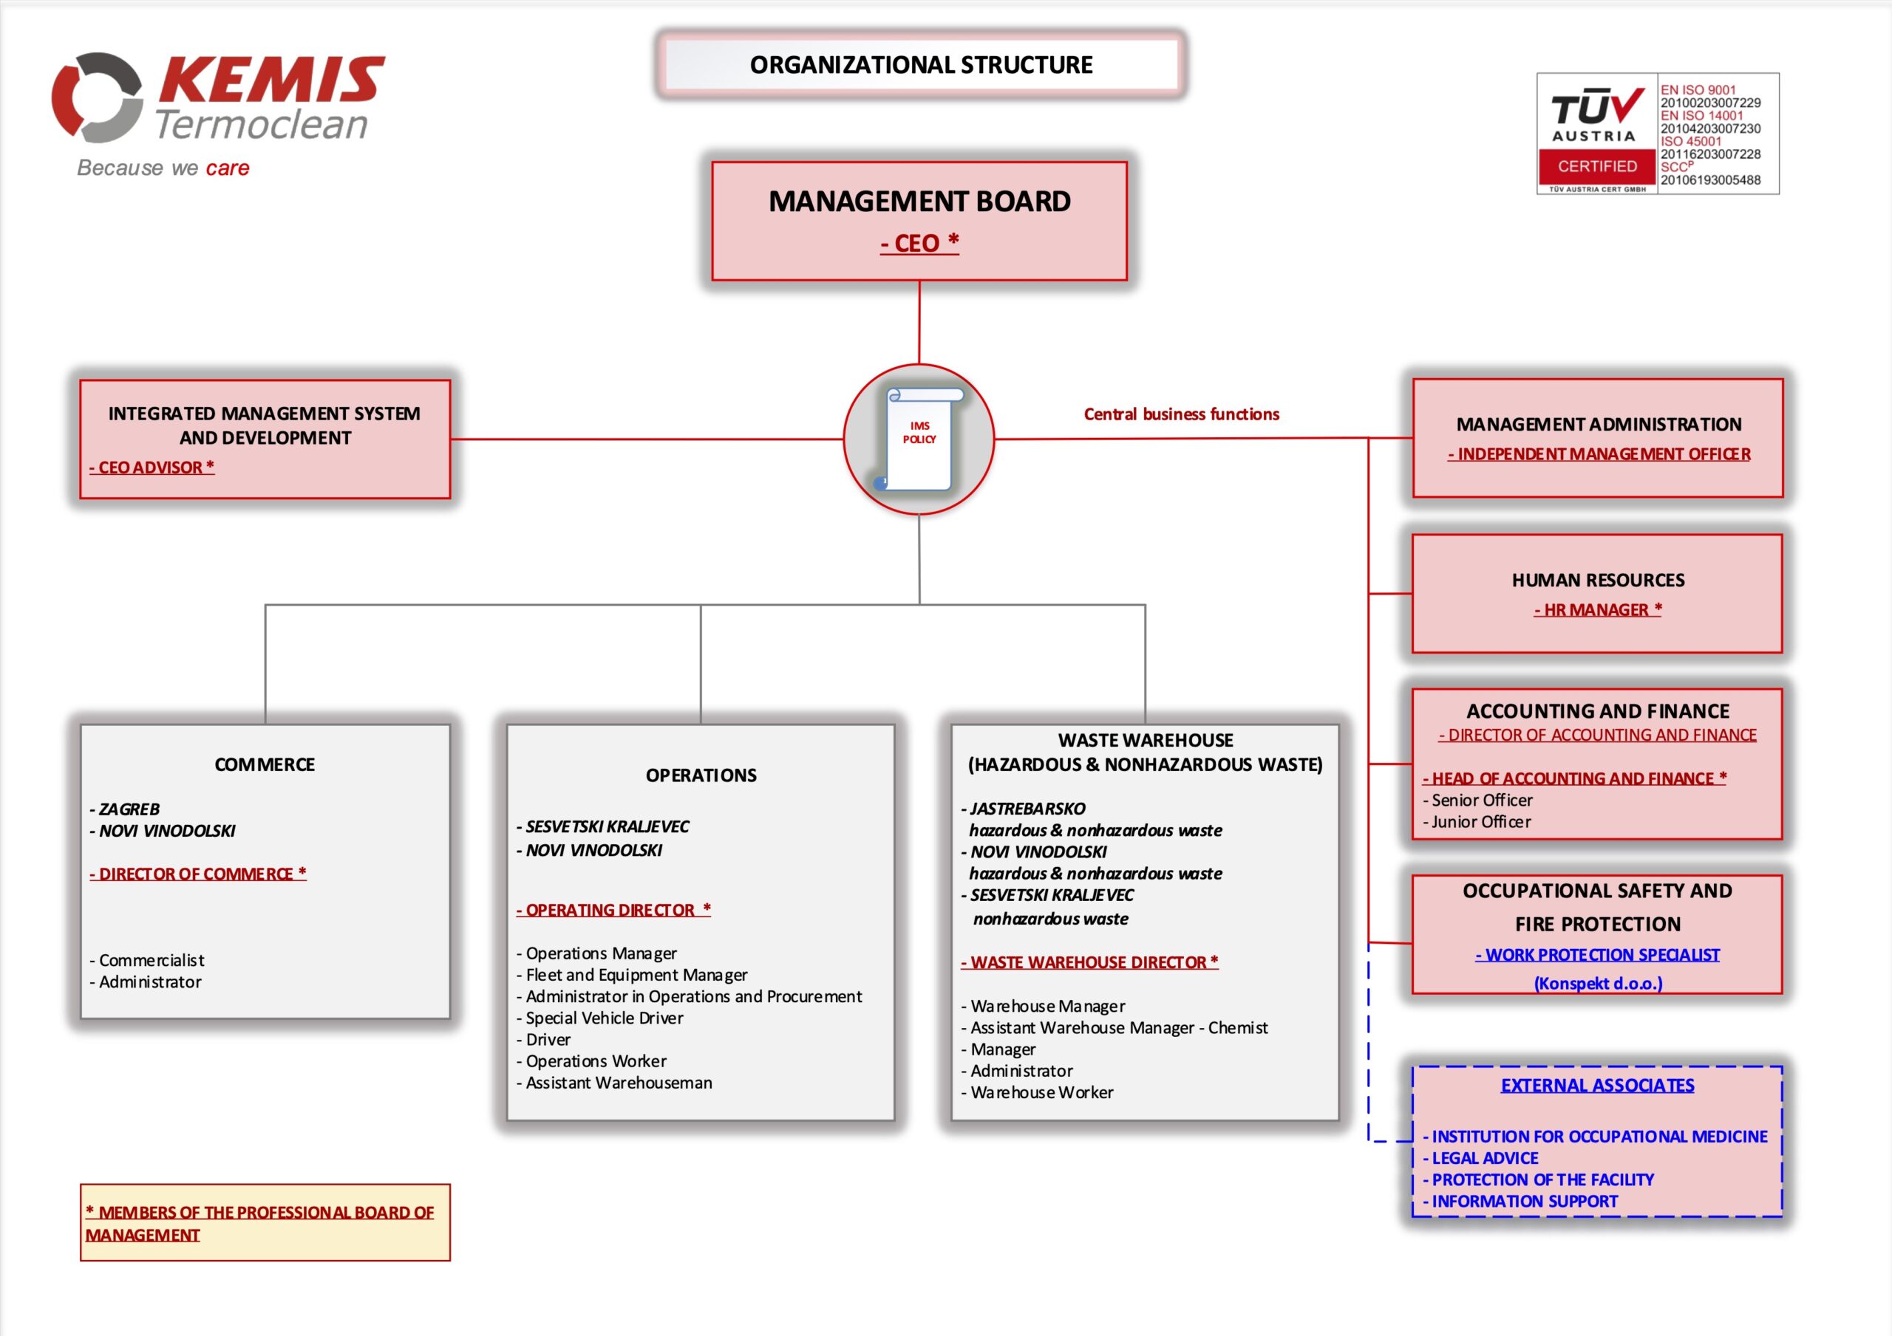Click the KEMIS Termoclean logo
pyautogui.click(x=218, y=99)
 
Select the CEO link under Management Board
pyautogui.click(x=919, y=243)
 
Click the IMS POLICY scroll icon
pyautogui.click(x=919, y=439)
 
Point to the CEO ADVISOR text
pyautogui.click(x=152, y=467)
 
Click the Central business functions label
pyautogui.click(x=1181, y=414)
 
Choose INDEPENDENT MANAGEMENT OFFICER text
pyautogui.click(x=1599, y=454)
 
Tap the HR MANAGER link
pyautogui.click(x=1598, y=609)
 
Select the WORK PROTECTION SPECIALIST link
pyautogui.click(x=1597, y=955)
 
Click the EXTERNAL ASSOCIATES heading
pyautogui.click(x=1597, y=1086)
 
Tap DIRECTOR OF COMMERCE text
pyautogui.click(x=198, y=874)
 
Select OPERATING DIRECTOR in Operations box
pyautogui.click(x=613, y=910)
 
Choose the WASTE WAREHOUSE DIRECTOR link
pyautogui.click(x=1089, y=962)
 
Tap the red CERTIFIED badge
pyautogui.click(x=1597, y=167)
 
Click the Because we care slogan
pyautogui.click(x=163, y=168)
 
